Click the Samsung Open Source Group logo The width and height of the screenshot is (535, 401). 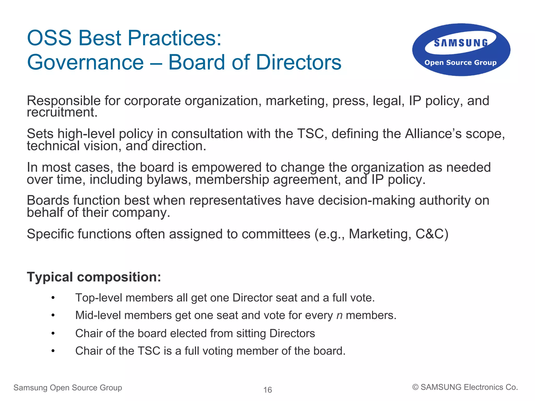tap(461, 50)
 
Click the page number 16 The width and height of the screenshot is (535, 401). tap(267, 390)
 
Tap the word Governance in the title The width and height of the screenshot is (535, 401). tap(85, 62)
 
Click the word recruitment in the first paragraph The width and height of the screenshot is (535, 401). tap(62, 112)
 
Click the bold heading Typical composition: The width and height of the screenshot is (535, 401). tap(94, 277)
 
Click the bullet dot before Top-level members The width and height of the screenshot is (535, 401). tap(53, 298)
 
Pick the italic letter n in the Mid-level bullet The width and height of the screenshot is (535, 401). tap(339, 315)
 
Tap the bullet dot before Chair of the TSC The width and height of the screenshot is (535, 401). tap(53, 351)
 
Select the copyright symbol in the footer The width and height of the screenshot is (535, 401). tap(415, 387)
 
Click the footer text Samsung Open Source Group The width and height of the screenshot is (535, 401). tap(68, 388)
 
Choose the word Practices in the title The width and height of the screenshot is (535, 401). tap(175, 38)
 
